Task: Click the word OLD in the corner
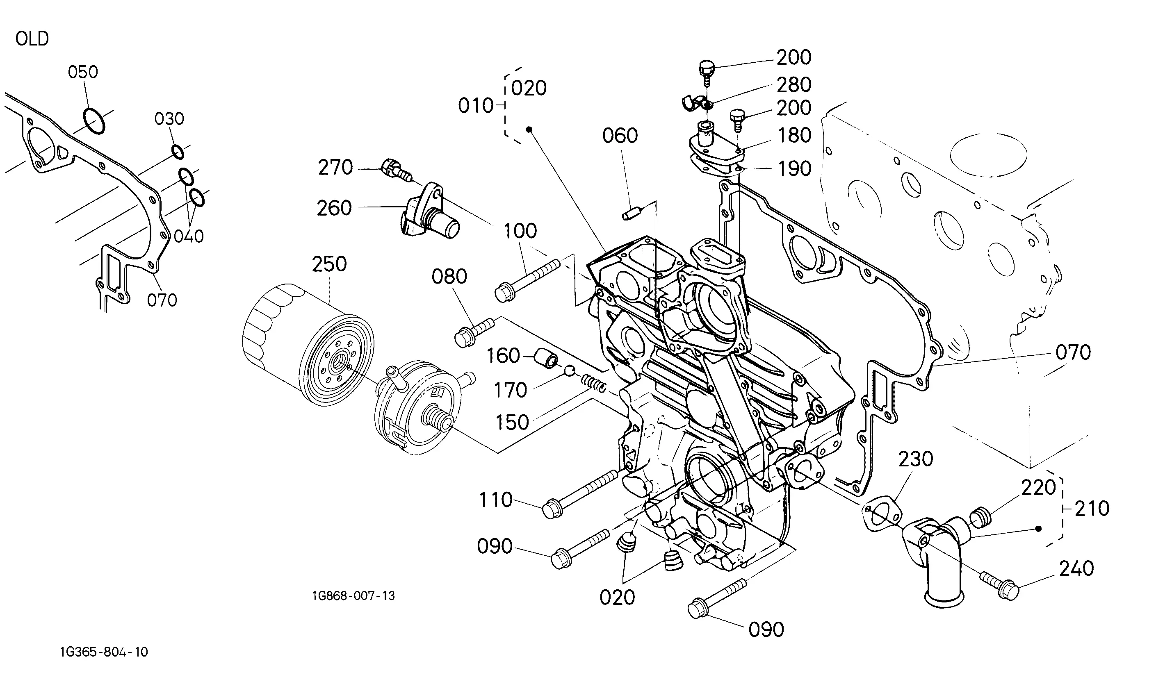(x=32, y=39)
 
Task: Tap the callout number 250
(x=329, y=264)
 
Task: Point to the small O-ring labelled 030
(x=177, y=151)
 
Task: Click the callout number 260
(x=334, y=208)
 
